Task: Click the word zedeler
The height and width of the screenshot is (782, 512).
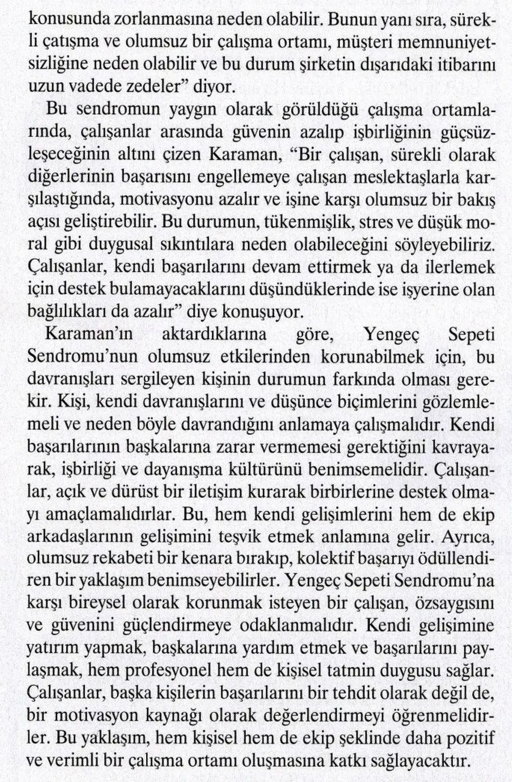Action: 142,86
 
